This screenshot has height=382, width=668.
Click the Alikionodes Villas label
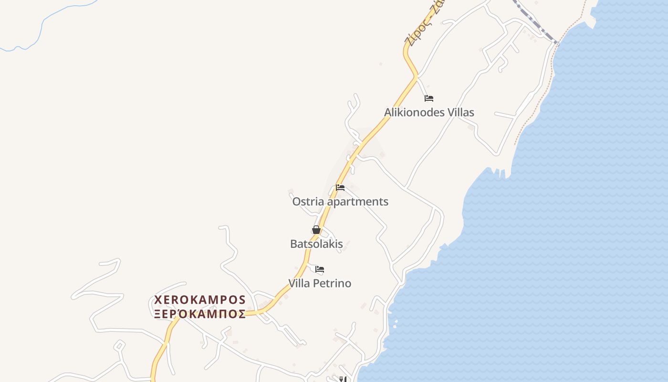(429, 113)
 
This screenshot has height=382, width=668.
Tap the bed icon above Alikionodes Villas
(429, 99)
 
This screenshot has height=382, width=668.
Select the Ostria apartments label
(340, 202)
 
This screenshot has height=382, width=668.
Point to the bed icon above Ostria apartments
(340, 188)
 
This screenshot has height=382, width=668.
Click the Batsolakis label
(316, 244)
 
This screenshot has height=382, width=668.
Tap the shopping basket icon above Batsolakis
(316, 230)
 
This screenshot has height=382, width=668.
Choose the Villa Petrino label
(320, 284)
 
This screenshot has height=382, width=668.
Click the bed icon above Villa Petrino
(320, 270)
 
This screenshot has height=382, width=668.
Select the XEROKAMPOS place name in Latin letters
(199, 300)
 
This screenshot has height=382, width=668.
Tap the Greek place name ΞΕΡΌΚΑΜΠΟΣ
(199, 314)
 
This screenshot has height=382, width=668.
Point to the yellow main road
(377, 129)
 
